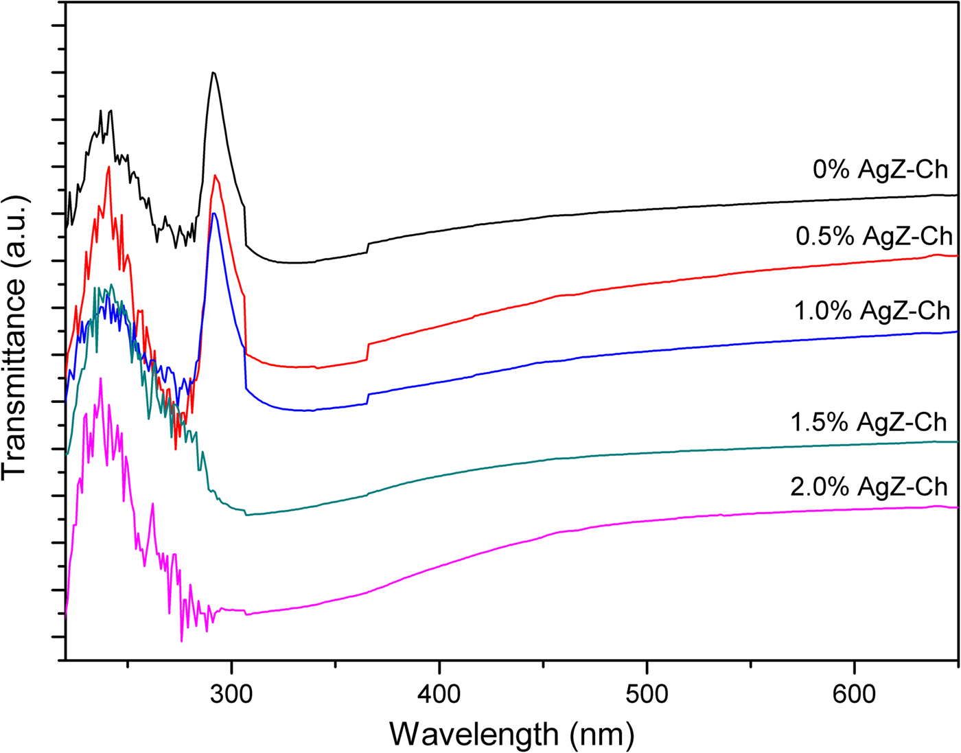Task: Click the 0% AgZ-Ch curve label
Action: click(x=880, y=169)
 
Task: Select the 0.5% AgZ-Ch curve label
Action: click(x=874, y=236)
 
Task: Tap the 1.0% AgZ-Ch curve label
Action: click(x=872, y=310)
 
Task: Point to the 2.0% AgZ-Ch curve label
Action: click(x=869, y=487)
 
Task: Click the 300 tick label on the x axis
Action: click(x=232, y=693)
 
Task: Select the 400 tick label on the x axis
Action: click(x=439, y=693)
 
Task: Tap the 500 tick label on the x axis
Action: click(x=647, y=693)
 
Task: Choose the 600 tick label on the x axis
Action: click(x=854, y=693)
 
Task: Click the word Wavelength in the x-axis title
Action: click(x=474, y=734)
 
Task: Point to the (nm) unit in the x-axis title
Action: click(x=601, y=734)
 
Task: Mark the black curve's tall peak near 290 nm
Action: click(x=213, y=73)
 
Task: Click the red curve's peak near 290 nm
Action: click(x=216, y=176)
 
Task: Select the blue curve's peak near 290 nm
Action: click(x=214, y=213)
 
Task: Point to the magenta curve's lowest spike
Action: click(x=182, y=640)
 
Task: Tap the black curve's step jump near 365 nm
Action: click(x=369, y=248)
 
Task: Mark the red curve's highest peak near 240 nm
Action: click(x=108, y=167)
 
